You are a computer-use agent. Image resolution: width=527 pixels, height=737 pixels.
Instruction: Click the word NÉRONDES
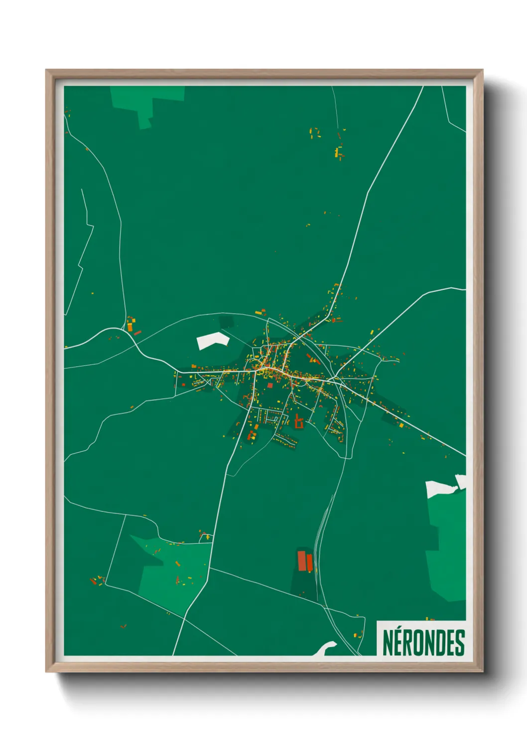coord(423,642)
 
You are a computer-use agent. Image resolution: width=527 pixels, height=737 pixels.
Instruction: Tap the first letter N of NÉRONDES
coord(388,643)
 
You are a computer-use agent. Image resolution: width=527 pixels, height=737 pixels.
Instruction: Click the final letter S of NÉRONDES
coord(460,643)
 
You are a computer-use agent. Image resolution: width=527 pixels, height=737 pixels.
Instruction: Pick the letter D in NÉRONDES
coord(441,643)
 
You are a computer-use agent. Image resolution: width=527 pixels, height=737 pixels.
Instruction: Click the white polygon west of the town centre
coord(213,341)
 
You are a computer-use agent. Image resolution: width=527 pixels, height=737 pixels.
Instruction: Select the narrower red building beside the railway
coord(309,563)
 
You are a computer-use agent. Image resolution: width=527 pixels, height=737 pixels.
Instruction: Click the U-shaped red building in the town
coord(299,422)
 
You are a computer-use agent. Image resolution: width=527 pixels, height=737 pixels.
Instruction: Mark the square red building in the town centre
coord(270,384)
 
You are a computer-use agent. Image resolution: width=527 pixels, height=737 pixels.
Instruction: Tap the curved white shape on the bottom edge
coord(326,648)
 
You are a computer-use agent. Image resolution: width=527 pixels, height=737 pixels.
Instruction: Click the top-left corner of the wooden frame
coord(47,71)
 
